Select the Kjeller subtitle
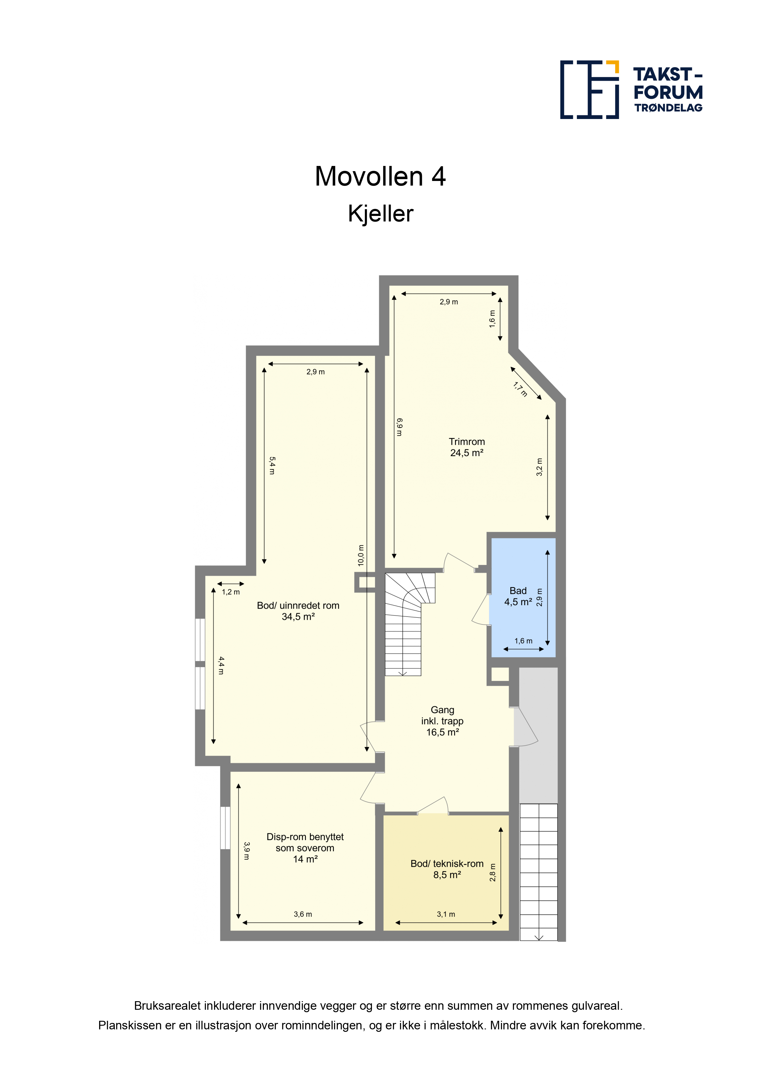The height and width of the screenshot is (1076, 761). coord(380,214)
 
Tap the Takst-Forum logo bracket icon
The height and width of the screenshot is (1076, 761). coord(589,90)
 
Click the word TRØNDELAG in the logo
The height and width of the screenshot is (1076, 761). coord(668,108)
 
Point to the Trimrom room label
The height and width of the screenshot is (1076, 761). coord(466,441)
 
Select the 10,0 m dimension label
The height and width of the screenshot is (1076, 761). coord(361,555)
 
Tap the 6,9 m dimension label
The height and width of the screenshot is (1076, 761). coord(399,427)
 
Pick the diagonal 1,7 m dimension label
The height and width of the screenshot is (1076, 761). coord(520,390)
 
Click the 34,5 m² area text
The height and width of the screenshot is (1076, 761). coord(298,617)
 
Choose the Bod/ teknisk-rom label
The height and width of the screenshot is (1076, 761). coord(447,864)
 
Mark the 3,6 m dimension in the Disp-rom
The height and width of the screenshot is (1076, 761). coord(303,914)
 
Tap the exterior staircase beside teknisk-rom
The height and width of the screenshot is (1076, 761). coord(539,872)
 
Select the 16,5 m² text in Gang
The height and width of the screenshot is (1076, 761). coord(442,732)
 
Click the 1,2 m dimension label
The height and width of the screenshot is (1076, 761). coord(231,592)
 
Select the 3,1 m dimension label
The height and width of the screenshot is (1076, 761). coord(446,914)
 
